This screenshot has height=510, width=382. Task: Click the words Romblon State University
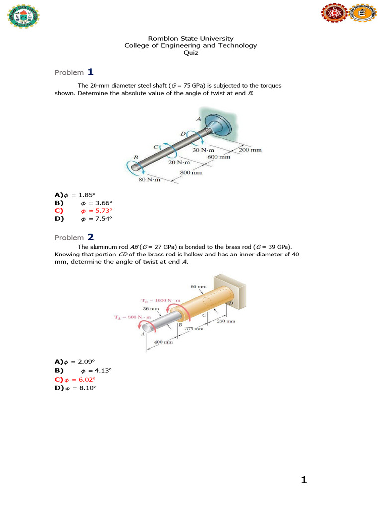[191, 38]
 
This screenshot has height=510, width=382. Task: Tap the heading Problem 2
[74, 237]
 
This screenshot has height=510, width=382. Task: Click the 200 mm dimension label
[250, 150]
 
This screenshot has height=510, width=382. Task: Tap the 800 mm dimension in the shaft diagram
[191, 173]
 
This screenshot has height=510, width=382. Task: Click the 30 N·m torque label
[203, 150]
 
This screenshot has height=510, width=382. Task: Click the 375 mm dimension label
[194, 329]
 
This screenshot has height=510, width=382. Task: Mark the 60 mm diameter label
[198, 286]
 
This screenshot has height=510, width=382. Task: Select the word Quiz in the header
[191, 53]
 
